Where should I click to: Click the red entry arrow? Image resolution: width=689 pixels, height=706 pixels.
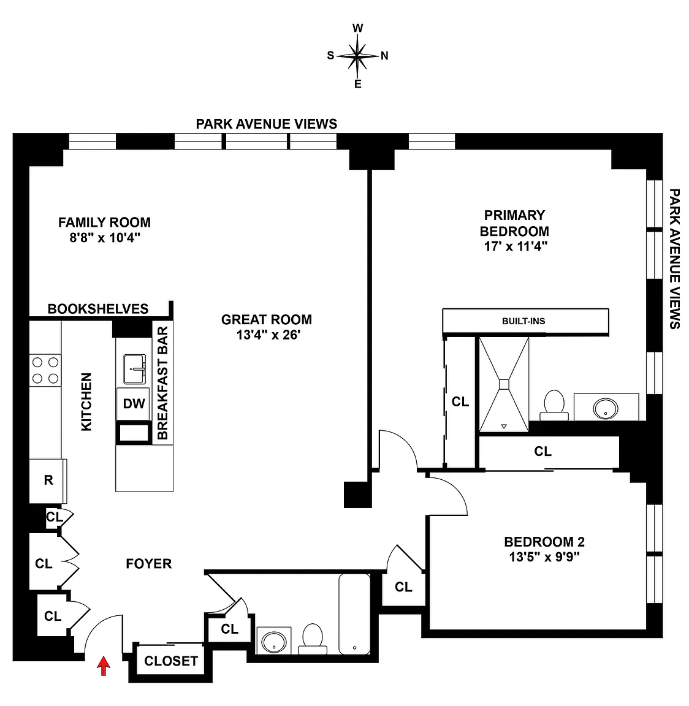104,666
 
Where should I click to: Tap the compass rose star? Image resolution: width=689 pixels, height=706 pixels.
357,56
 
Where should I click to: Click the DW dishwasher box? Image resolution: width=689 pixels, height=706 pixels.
133,403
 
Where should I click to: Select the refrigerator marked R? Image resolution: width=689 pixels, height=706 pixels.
48,480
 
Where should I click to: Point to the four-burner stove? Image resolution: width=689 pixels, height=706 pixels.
45,370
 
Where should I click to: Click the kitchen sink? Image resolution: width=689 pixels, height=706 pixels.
135,369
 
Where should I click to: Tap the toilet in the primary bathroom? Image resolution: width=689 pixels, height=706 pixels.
554,405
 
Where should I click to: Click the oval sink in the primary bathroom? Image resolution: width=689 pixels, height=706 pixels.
605,408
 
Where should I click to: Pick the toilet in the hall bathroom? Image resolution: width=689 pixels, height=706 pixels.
313,639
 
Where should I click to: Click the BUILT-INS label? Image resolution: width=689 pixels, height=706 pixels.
523,321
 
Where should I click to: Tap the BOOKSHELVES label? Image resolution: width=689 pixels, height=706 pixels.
98,309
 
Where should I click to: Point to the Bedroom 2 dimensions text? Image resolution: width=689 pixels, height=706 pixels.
544,557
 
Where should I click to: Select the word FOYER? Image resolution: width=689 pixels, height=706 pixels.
148,564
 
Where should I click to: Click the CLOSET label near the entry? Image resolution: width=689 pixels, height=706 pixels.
171,661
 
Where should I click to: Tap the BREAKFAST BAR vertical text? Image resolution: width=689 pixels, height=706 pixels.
162,382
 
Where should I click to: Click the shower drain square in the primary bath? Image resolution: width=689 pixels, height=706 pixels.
504,384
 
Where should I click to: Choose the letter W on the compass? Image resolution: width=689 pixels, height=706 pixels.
357,28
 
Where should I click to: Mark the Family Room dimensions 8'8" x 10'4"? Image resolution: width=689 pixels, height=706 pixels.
105,237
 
